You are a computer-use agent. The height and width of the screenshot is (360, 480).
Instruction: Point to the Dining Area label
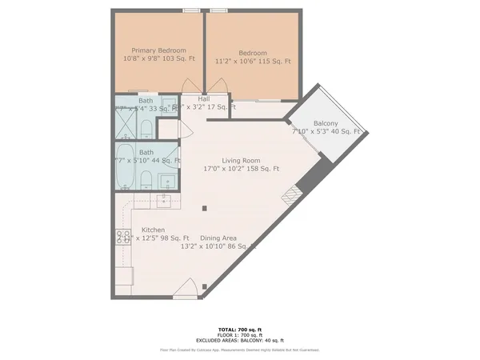pyautogui.click(x=218, y=238)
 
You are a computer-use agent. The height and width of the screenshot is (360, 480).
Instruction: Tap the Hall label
pyautogui.click(x=193, y=98)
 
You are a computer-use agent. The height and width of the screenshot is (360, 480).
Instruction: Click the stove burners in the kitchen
pyautogui.click(x=125, y=237)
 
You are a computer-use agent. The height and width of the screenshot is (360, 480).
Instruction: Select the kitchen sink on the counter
pyautogui.click(x=165, y=200)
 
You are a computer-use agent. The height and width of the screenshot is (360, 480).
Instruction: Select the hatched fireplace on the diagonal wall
pyautogui.click(x=297, y=191)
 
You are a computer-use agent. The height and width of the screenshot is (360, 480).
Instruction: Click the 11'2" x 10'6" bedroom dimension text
pyautogui.click(x=252, y=61)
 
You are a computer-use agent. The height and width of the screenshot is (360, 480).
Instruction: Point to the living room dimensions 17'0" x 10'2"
pyautogui.click(x=240, y=169)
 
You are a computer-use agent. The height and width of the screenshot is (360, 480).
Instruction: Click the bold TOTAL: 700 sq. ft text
pyautogui.click(x=240, y=329)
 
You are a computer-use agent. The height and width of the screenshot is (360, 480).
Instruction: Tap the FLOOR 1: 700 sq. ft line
pyautogui.click(x=240, y=335)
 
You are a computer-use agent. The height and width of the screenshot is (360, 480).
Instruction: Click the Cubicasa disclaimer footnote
pyautogui.click(x=240, y=350)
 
